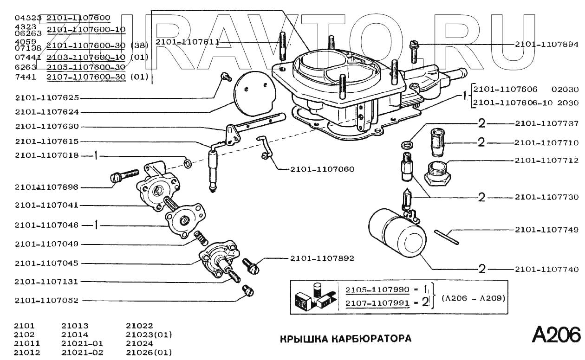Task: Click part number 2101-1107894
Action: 546,45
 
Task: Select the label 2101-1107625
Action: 47,98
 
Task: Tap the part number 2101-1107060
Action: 323,169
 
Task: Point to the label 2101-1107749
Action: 546,230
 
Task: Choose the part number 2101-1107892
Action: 322,258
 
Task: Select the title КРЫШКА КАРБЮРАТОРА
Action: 345,339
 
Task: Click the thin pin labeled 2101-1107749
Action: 446,237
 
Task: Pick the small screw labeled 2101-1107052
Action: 248,290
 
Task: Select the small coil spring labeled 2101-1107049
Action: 201,238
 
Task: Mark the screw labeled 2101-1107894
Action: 413,52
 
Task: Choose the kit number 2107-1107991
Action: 377,303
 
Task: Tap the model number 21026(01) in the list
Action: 149,353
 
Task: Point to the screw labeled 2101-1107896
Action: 124,175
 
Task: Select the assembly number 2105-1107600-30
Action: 86,67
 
